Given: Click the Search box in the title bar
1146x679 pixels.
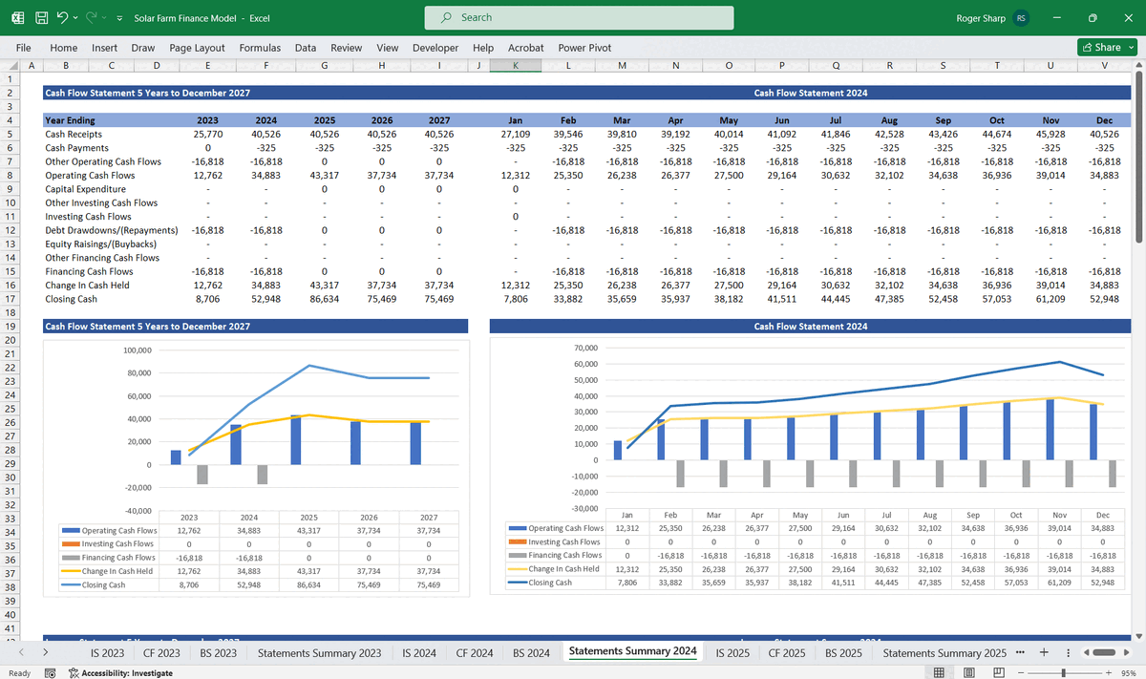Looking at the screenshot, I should pos(579,17).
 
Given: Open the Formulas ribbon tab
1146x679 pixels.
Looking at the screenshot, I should pos(260,48).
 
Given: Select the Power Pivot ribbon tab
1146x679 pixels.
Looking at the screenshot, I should pos(584,48).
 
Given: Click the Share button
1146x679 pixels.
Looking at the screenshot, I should pos(1107,48).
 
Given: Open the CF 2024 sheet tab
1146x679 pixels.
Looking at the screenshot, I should pos(474,653).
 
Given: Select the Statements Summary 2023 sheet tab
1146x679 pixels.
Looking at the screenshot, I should pos(319,653).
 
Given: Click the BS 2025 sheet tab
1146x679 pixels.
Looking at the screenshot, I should pos(843,653).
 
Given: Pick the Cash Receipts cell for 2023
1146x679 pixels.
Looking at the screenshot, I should pos(207,135).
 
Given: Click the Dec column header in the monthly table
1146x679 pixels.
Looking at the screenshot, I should pos(1104,120).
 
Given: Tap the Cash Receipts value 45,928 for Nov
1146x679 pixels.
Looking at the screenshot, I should pos(1050,135).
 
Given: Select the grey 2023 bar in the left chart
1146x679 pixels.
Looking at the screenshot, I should pos(202,475).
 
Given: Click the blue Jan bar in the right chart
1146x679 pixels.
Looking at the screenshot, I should pos(617,450).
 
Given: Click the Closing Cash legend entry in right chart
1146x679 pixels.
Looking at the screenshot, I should pos(550,583).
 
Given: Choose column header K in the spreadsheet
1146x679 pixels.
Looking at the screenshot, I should pos(515,65).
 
